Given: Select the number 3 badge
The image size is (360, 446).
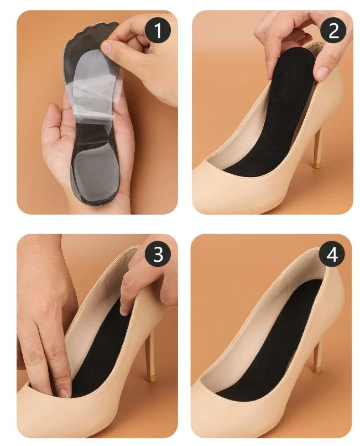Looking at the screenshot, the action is point(158,254).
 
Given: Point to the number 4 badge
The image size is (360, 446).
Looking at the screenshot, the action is point(332,254).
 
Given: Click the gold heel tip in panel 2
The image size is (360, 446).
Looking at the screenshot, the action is point(316,164).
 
